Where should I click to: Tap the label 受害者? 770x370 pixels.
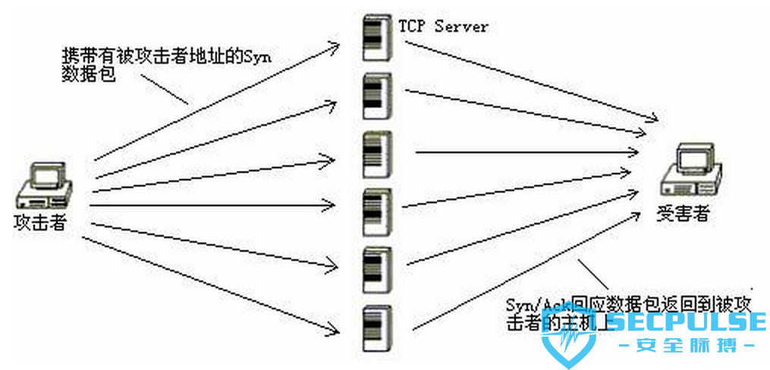tap(683, 214)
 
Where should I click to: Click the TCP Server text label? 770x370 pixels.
tap(443, 27)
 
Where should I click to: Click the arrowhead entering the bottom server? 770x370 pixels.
tap(334, 330)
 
